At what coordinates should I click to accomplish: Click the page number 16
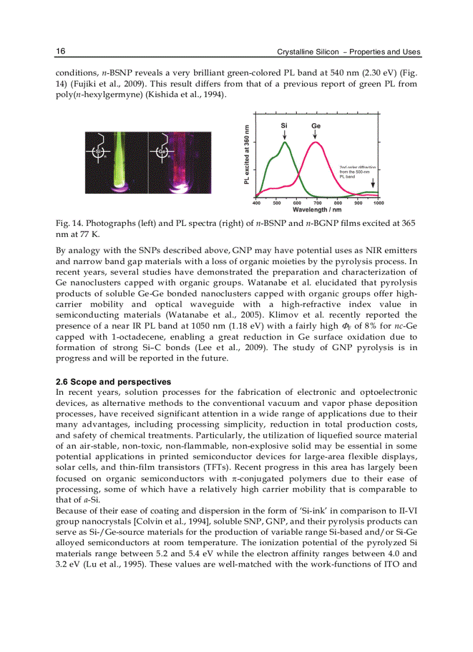[x=60, y=52]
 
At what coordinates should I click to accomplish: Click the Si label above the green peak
[x=284, y=125]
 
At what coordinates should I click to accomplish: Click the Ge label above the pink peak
[x=315, y=125]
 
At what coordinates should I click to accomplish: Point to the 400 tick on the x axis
[x=256, y=203]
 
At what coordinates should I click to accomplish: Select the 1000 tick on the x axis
[x=379, y=203]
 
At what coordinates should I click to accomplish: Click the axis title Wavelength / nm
[x=317, y=210]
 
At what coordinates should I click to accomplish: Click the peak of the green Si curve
[x=285, y=142]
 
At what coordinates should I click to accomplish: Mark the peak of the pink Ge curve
[x=315, y=142]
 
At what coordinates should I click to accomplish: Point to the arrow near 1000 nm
[x=373, y=183]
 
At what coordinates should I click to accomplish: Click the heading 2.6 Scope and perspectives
[x=113, y=382]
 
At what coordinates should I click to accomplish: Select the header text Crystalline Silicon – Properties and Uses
[x=348, y=52]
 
